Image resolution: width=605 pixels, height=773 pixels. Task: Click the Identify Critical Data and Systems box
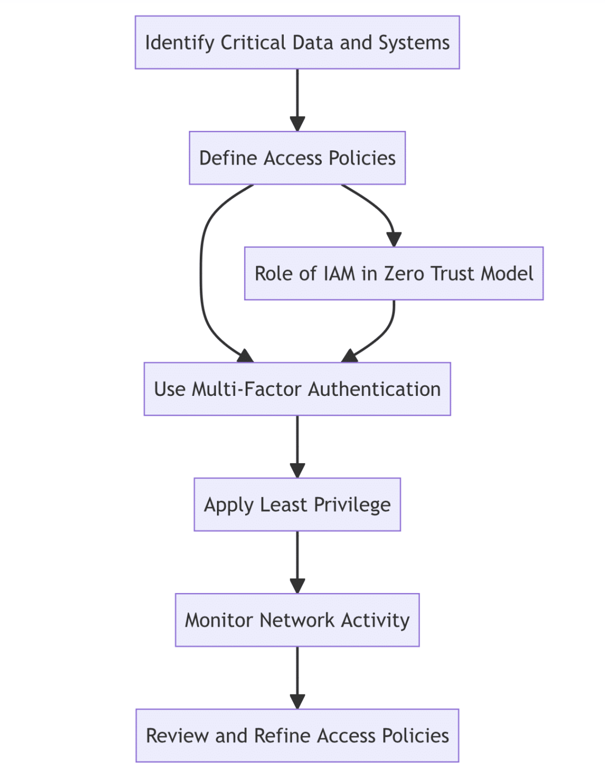297,43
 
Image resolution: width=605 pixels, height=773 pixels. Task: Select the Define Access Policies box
297,158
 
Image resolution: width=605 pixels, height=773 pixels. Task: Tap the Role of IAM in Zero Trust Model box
394,273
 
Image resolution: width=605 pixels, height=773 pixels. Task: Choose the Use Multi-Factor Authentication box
297,389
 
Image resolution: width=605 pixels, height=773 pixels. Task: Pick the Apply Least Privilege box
297,504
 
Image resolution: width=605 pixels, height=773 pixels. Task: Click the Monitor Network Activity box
297,620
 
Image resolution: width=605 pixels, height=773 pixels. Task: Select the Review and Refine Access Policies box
297,735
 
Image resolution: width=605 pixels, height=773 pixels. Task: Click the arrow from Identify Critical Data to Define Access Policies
298,99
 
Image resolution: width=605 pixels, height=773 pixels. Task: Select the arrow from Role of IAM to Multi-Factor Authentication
386,331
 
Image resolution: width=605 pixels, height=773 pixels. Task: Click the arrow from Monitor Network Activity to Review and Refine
298,677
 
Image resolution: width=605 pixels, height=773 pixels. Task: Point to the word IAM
339,273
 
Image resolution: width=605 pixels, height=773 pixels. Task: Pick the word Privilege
352,504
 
